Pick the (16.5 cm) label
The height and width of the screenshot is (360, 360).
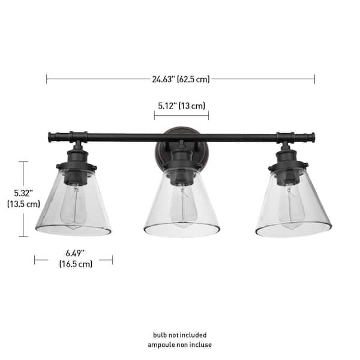(x=75, y=264)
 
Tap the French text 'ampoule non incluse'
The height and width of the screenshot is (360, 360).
(x=180, y=344)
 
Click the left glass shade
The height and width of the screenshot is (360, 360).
(x=73, y=207)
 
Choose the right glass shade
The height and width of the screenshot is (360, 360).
(x=293, y=207)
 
